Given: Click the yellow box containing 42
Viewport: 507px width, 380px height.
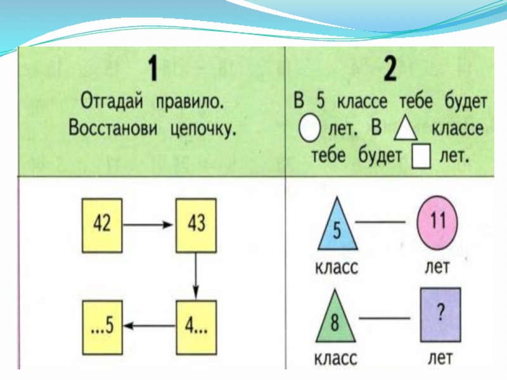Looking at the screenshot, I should tap(102, 224).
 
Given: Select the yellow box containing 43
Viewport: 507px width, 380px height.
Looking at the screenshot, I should tap(196, 224).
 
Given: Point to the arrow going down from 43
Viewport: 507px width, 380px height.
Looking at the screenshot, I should tap(196, 274).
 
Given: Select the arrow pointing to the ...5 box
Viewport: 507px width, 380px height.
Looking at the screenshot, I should tap(149, 324).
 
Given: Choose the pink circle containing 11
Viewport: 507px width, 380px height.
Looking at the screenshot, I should tap(438, 222).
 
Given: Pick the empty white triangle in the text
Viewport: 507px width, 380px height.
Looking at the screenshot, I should tap(406, 129).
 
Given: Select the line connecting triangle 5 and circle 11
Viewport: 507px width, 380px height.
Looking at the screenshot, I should tap(379, 222).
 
